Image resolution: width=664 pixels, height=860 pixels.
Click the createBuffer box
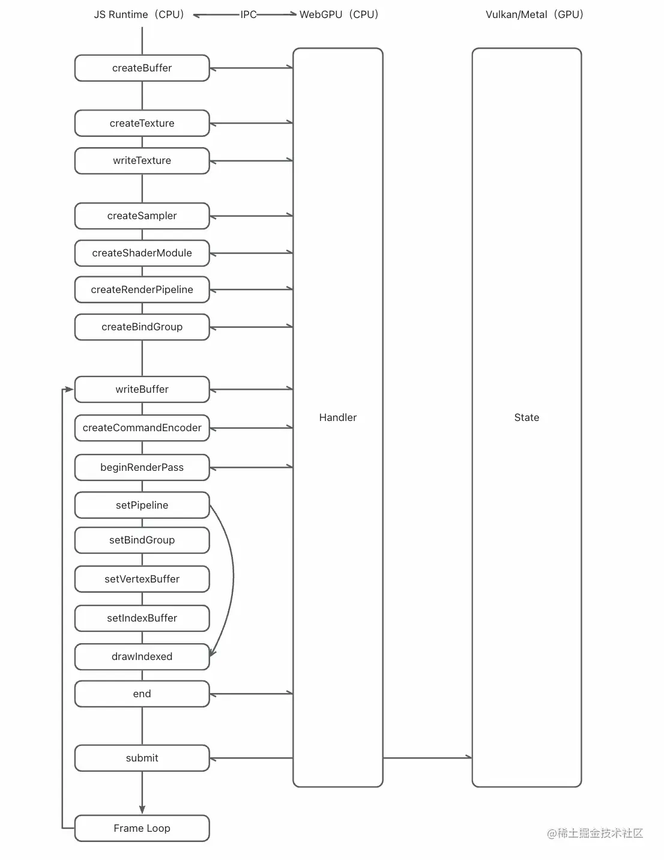pyautogui.click(x=142, y=68)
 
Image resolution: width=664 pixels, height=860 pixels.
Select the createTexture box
pyautogui.click(x=142, y=123)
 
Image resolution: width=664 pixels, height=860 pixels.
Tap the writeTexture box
pyautogui.click(x=142, y=160)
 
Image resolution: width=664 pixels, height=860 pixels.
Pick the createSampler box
pyautogui.click(x=142, y=216)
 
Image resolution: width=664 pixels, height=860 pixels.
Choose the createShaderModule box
pyautogui.click(x=142, y=253)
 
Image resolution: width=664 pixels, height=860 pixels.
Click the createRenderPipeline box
pyautogui.click(x=142, y=289)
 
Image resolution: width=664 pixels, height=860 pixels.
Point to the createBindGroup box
pyautogui.click(x=142, y=327)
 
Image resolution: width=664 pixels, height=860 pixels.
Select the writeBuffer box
pyautogui.click(x=142, y=389)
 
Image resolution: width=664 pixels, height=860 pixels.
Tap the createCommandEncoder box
pyautogui.click(x=142, y=428)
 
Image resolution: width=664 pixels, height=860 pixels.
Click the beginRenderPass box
pyautogui.click(x=142, y=467)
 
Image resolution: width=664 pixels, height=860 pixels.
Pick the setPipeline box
pyautogui.click(x=142, y=505)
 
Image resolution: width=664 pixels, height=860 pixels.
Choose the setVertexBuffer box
pyautogui.click(x=142, y=579)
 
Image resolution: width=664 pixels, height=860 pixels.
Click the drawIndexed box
pyautogui.click(x=142, y=656)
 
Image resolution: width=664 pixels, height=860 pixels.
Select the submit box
pyautogui.click(x=142, y=758)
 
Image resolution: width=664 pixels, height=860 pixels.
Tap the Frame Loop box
pyautogui.click(x=142, y=828)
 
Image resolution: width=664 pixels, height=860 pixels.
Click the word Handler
pyautogui.click(x=337, y=417)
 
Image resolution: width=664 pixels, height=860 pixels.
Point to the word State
pyautogui.click(x=527, y=417)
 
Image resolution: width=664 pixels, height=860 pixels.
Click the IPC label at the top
pyautogui.click(x=248, y=14)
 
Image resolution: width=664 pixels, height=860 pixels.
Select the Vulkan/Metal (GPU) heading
pyautogui.click(x=534, y=14)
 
